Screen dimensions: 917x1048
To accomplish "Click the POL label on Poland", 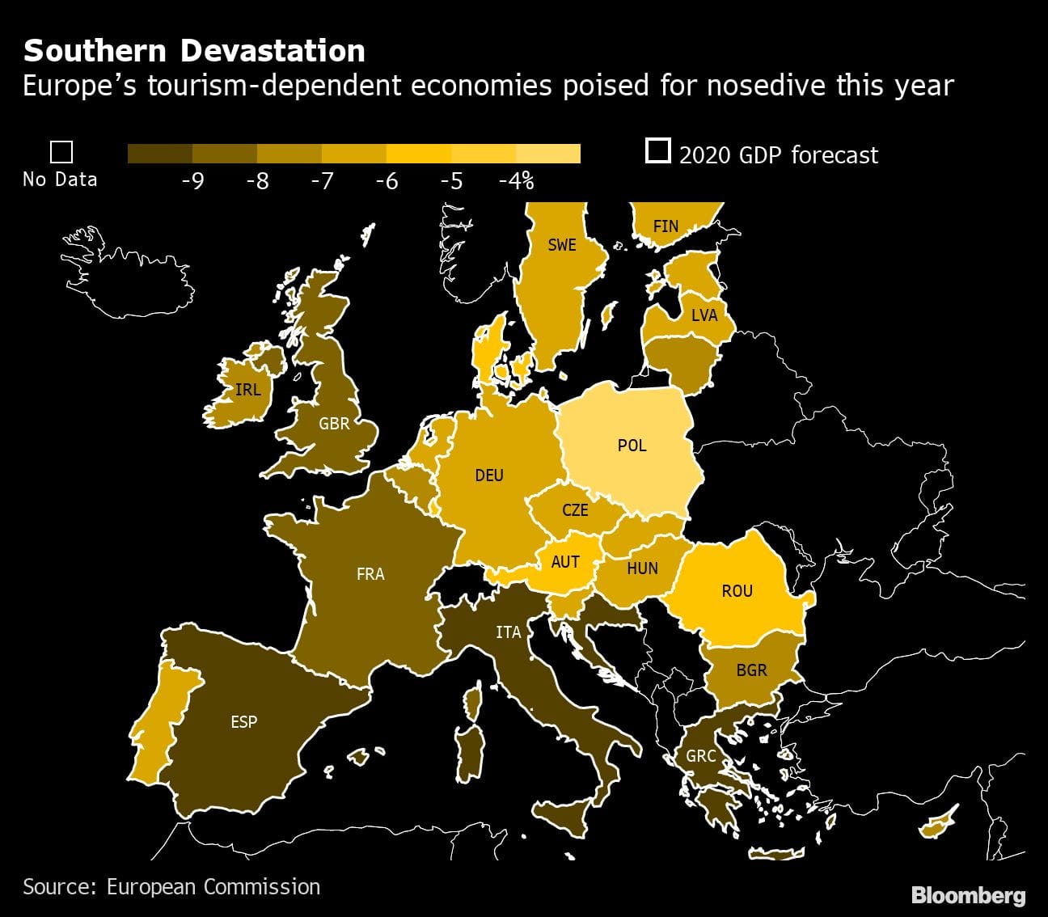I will [x=632, y=446].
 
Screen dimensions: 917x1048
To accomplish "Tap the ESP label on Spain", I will [x=243, y=721].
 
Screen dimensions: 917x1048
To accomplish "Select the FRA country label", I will [x=370, y=574].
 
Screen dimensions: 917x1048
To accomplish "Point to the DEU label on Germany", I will [x=489, y=475].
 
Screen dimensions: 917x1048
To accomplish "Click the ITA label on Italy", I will [x=509, y=632].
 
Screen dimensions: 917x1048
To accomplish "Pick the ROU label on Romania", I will [x=737, y=591].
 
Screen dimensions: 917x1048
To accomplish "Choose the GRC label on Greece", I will [x=701, y=756].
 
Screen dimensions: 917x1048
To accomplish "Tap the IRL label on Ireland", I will [x=247, y=390].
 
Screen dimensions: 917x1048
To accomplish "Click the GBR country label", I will [x=334, y=423].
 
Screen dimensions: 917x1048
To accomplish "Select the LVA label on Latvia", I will [x=704, y=315].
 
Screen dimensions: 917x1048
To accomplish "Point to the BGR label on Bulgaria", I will [x=751, y=670].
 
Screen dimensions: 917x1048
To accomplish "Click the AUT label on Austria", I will [x=565, y=561].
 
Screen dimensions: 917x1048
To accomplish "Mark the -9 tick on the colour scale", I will [x=192, y=181].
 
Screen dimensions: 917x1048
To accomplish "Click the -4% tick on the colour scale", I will [x=516, y=181].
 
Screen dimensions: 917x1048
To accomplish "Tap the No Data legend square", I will [x=61, y=152].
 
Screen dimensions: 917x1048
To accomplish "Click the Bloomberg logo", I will [x=968, y=895].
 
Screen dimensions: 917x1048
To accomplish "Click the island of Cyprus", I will [x=938, y=825].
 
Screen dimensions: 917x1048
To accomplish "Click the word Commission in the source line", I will [x=262, y=886].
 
